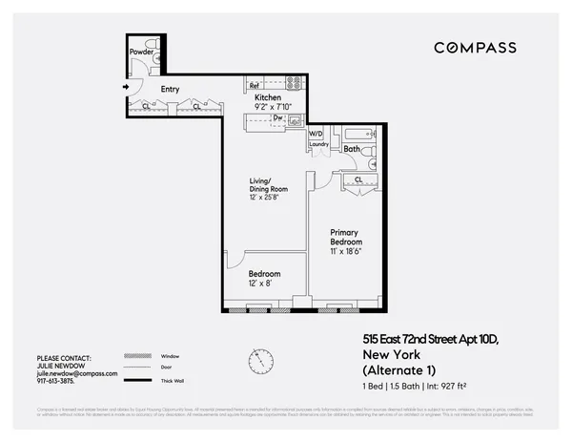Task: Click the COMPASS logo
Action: coord(475,48)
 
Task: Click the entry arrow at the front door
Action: coord(126,89)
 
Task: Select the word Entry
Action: coord(170,90)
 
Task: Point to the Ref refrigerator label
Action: coord(255,84)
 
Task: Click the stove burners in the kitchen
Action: coord(295,82)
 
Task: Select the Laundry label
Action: coord(318,145)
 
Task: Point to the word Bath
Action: coord(352,149)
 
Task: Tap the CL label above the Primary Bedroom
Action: coord(357,179)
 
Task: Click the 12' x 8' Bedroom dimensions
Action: coord(261,282)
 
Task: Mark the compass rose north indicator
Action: coord(256,360)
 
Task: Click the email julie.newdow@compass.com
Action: coord(77,373)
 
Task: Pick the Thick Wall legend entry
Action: coord(174,381)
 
